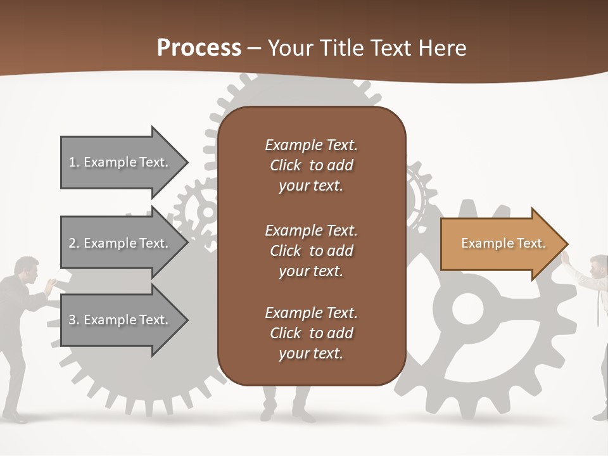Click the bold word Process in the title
[x=199, y=48]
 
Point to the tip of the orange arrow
[x=566, y=244]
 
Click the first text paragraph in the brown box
[x=311, y=165]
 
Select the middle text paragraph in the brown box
[x=311, y=251]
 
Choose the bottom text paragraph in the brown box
[x=311, y=333]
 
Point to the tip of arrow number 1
[x=187, y=162]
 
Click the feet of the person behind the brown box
[x=288, y=415]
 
